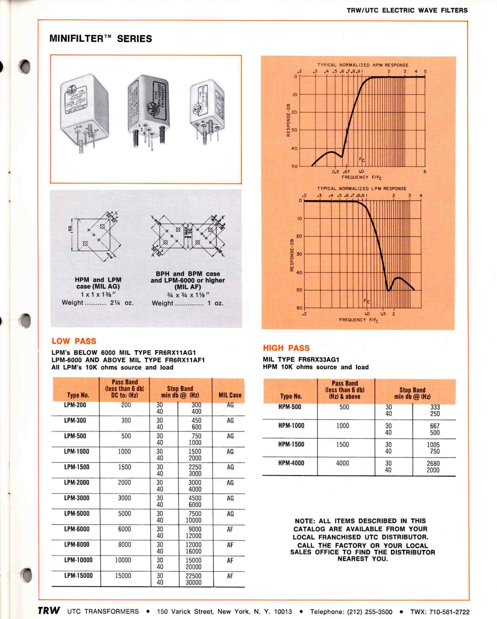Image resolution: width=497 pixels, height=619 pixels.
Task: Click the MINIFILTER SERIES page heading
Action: click(x=100, y=39)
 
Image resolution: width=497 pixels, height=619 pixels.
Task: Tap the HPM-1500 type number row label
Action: click(x=291, y=444)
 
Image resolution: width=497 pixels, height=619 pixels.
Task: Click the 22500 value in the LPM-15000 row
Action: click(x=193, y=576)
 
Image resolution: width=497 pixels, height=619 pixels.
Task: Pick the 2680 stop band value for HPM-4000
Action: click(x=433, y=463)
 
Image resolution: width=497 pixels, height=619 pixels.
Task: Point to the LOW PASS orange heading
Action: click(x=74, y=341)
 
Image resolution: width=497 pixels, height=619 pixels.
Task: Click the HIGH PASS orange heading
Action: click(x=286, y=348)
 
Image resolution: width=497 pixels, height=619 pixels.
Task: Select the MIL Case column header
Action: click(x=230, y=395)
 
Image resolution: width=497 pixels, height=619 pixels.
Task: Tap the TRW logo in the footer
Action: click(x=49, y=610)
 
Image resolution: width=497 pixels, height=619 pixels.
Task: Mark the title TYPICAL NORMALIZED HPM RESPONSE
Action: click(x=362, y=65)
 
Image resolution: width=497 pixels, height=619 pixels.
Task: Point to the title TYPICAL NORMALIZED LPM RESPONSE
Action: click(x=361, y=188)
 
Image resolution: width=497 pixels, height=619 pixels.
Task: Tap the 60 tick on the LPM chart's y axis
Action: click(x=300, y=308)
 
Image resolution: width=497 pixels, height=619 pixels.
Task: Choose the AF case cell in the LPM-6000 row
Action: click(x=230, y=529)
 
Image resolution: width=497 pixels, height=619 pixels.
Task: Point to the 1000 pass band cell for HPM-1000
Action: click(x=343, y=426)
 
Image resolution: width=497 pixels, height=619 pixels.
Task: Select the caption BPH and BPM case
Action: click(x=188, y=274)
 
